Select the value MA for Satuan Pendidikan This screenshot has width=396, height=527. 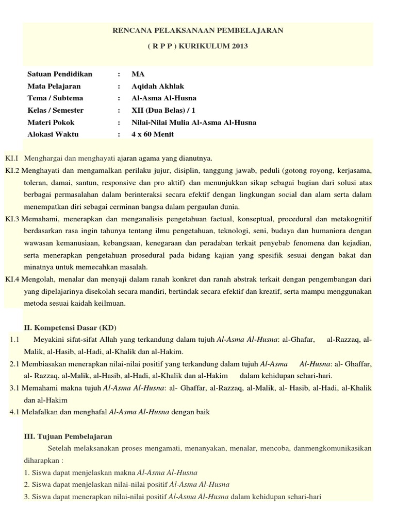pyautogui.click(x=138, y=74)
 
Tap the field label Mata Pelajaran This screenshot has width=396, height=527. pyautogui.click(x=54, y=86)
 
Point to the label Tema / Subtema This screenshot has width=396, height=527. pyautogui.click(x=55, y=98)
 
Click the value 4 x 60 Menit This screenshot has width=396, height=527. pyautogui.click(x=153, y=134)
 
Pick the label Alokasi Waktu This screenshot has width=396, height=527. pyautogui.click(x=53, y=134)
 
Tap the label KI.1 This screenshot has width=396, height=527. pyautogui.click(x=12, y=157)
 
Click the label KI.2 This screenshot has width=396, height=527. pyautogui.click(x=12, y=170)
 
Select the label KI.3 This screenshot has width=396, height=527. pyautogui.click(x=12, y=219)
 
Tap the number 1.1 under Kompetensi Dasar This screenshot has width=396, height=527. pyautogui.click(x=14, y=340)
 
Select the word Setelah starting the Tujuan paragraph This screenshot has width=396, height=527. pyautogui.click(x=62, y=448)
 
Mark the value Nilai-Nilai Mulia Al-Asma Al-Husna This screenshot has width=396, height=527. pyautogui.click(x=194, y=122)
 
